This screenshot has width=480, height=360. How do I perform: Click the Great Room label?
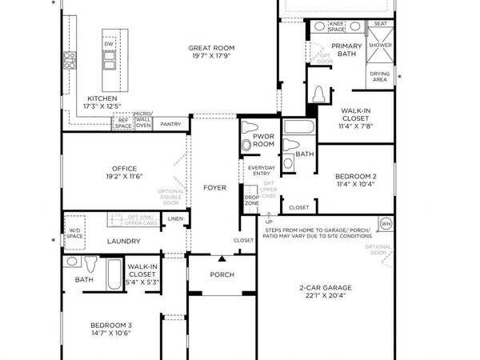point(206,48)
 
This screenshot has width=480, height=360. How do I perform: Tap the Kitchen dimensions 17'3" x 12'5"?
point(102,106)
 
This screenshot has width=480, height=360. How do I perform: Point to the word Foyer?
point(214,188)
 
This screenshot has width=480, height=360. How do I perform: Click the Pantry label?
point(170,124)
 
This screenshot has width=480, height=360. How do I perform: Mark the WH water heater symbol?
point(385,223)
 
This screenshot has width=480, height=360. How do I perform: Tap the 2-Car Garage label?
point(326,287)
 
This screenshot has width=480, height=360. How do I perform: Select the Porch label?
point(222,274)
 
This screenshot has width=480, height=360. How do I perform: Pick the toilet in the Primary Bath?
point(319,94)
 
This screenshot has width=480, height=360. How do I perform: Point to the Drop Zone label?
point(251,200)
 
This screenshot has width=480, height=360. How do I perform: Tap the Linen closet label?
point(175,218)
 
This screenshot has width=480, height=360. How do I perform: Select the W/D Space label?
point(74,233)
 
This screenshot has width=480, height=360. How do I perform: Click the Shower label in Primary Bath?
point(380,46)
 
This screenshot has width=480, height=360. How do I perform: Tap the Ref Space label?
point(122,124)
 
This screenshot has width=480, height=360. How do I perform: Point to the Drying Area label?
point(380,77)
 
